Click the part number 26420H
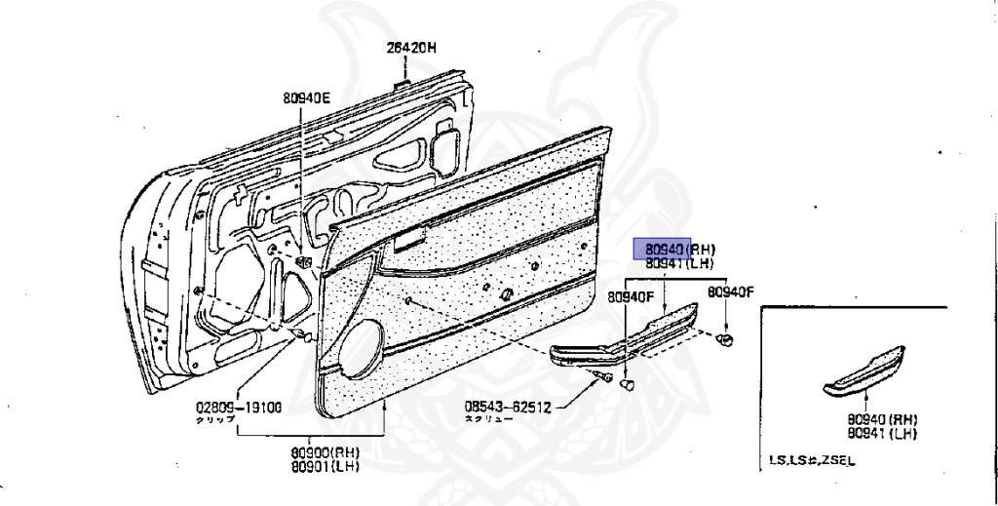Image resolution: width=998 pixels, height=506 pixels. click(x=410, y=47)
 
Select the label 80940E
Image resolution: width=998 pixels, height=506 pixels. click(x=307, y=97)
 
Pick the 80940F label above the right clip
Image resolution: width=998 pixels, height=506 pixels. click(x=731, y=292)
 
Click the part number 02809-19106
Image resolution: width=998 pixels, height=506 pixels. click(x=238, y=408)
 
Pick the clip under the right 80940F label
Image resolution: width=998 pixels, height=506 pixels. click(x=725, y=338)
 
